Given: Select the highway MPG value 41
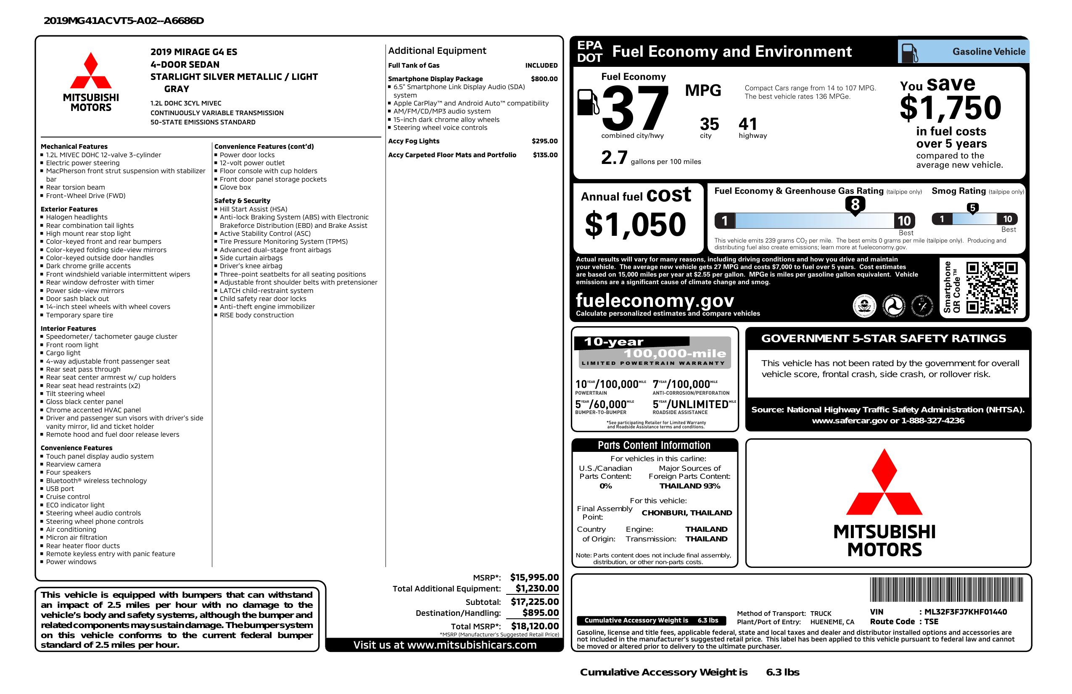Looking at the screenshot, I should tap(748, 124).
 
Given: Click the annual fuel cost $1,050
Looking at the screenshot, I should tap(635, 224).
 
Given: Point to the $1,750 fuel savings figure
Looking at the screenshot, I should tap(951, 108).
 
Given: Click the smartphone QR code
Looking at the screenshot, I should tap(991, 288).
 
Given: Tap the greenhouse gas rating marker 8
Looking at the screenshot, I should tap(855, 205).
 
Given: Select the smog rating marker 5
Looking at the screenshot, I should tap(972, 208).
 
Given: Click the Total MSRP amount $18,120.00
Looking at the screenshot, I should tap(535, 626).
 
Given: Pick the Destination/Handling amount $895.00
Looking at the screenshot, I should tap(541, 612).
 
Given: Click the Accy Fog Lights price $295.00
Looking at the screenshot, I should tap(544, 141).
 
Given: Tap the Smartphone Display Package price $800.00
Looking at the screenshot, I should tap(544, 79).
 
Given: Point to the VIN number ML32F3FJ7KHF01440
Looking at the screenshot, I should tap(965, 612).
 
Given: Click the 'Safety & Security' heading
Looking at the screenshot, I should tap(242, 201).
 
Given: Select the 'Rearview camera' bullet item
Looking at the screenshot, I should tap(74, 464).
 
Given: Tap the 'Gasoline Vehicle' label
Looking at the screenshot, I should tap(989, 52).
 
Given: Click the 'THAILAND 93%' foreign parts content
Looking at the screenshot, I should tap(689, 486).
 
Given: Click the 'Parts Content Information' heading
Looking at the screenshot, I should tap(654, 446).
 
